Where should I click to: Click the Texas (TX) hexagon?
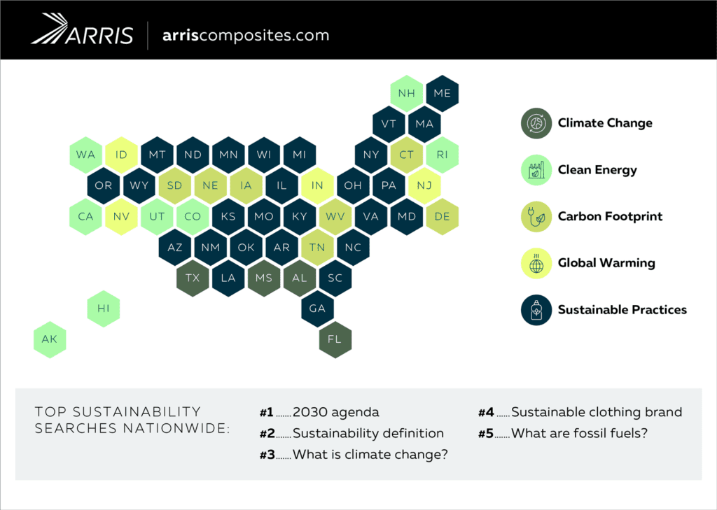click(193, 278)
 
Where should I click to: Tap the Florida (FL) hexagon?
click(335, 339)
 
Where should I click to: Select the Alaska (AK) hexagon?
click(50, 339)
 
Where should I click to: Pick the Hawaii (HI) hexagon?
click(103, 309)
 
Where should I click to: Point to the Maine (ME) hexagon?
click(442, 93)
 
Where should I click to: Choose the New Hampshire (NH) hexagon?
click(406, 93)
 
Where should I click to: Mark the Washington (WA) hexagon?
click(85, 155)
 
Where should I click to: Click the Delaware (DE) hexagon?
click(442, 216)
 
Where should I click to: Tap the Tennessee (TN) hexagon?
click(317, 247)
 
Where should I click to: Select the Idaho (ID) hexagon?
click(121, 155)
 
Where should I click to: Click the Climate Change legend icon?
click(537, 123)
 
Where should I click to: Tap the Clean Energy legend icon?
click(537, 170)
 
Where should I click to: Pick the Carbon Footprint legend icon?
click(537, 217)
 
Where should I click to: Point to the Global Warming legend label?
click(606, 264)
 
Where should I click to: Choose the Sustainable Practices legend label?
click(622, 310)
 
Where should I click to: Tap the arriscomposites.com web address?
click(245, 35)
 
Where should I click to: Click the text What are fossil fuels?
click(579, 433)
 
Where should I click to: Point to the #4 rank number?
click(486, 412)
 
